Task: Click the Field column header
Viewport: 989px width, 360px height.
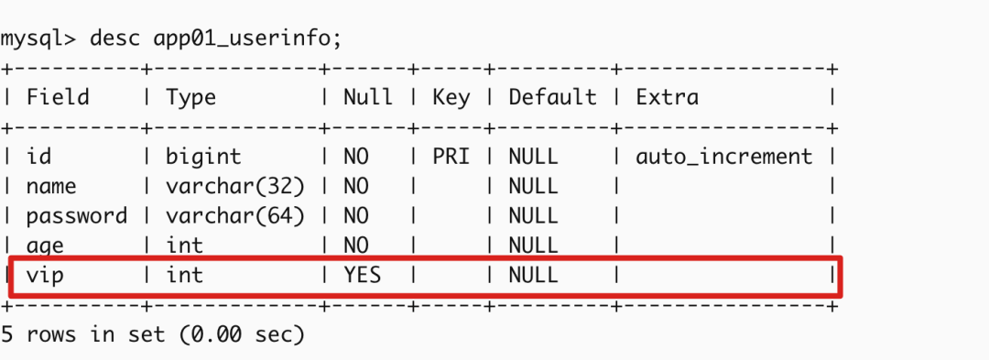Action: (58, 97)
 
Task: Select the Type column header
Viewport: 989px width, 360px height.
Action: (190, 97)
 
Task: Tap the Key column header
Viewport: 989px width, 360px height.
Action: (451, 97)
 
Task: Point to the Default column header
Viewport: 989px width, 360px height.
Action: (552, 97)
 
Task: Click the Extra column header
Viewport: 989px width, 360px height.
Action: (667, 97)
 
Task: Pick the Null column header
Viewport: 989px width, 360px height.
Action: (368, 97)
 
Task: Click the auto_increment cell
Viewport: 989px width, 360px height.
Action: (723, 157)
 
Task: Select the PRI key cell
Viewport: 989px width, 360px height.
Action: (451, 157)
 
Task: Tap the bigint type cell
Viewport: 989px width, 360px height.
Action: (203, 157)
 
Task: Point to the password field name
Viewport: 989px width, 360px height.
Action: (77, 216)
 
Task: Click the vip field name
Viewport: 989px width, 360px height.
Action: (45, 275)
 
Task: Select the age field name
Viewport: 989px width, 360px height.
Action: (45, 245)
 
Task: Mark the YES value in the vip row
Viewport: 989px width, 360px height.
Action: (362, 275)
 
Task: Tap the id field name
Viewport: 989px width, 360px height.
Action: (38, 157)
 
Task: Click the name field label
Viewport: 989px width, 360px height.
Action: (51, 187)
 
